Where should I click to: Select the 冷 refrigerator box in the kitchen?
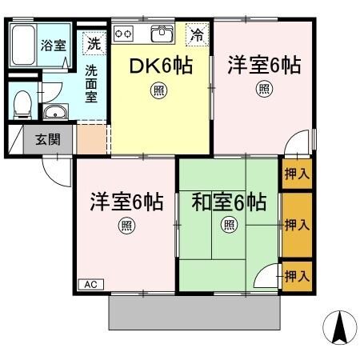click(x=196, y=35)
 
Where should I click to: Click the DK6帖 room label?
click(x=162, y=66)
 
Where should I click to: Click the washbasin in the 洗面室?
click(x=54, y=112)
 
